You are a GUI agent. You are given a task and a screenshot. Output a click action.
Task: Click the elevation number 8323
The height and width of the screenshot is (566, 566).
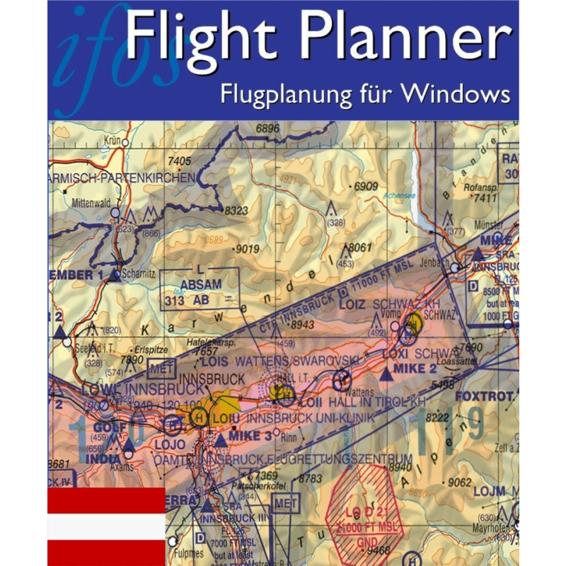[236, 211]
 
